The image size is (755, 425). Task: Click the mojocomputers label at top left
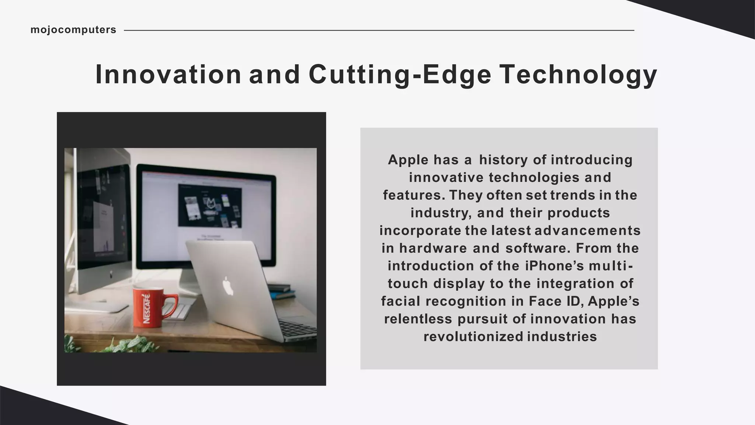73,30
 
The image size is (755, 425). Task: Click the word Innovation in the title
168,75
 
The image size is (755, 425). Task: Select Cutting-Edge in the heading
400,75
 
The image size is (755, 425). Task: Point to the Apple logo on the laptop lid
228,286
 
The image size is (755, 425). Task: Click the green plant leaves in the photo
125,345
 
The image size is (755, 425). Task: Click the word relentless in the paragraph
418,319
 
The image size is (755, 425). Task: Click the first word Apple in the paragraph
408,160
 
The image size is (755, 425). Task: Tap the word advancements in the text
587,231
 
